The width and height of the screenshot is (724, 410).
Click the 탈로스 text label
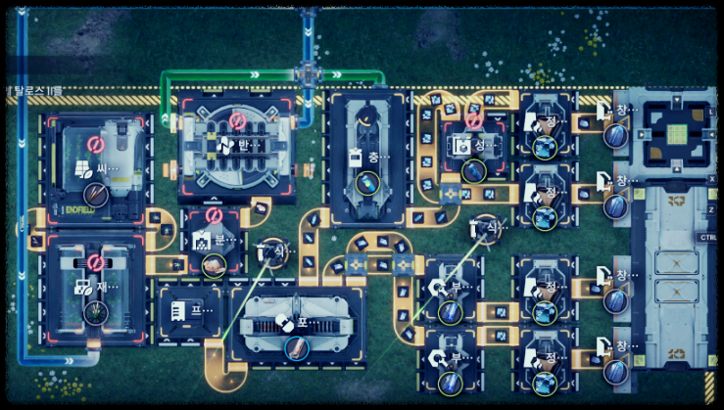pyautogui.click(x=35, y=91)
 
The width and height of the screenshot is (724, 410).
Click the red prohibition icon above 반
pyautogui.click(x=236, y=120)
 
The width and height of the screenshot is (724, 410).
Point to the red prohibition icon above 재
pyautogui.click(x=95, y=262)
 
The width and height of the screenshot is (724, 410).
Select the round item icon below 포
pyautogui.click(x=295, y=346)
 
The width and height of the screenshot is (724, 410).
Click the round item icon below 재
pyautogui.click(x=95, y=312)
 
